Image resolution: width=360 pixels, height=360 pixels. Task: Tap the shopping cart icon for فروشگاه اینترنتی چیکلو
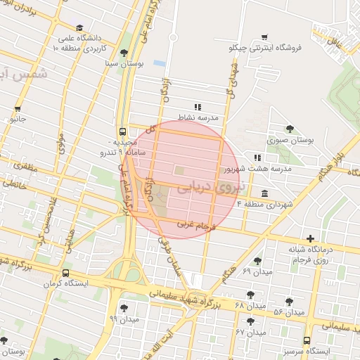point(264,36)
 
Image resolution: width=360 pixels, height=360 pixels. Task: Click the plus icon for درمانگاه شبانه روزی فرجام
point(310,239)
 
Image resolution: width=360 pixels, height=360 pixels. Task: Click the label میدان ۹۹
point(124,319)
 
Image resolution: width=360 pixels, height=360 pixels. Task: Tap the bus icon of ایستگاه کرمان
point(65,273)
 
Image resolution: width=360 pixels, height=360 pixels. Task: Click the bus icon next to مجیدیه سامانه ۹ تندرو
point(124,131)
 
